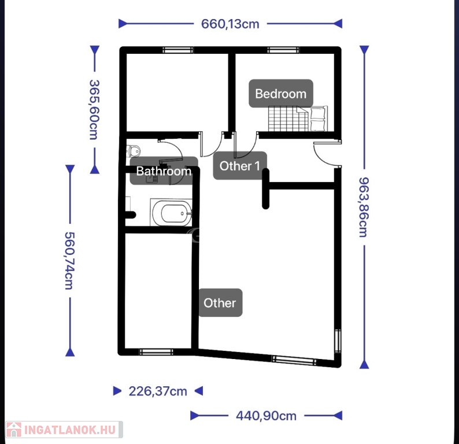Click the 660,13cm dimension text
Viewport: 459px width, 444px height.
click(x=230, y=24)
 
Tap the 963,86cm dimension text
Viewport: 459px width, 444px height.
click(x=364, y=207)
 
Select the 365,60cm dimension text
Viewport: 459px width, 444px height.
click(x=94, y=109)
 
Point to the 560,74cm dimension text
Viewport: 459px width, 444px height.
click(x=70, y=261)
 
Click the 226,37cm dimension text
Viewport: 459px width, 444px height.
click(x=158, y=391)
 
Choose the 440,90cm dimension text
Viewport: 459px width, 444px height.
click(x=266, y=416)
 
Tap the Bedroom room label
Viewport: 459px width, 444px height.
click(x=281, y=94)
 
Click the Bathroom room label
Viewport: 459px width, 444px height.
click(x=164, y=171)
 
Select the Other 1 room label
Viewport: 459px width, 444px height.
click(x=240, y=166)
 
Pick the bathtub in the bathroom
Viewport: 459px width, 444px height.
click(x=171, y=213)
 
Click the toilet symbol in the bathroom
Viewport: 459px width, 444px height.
click(x=134, y=151)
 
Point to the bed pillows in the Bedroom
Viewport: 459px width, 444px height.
click(x=317, y=119)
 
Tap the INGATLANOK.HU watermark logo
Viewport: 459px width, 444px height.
click(x=64, y=430)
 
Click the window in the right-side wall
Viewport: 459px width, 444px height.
click(x=338, y=341)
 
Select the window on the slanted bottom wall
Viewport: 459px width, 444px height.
click(x=294, y=360)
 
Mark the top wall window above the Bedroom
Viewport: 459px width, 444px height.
click(x=283, y=50)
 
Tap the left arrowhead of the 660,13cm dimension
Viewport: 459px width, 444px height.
click(x=123, y=24)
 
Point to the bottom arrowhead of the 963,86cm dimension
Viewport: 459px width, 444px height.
click(x=364, y=364)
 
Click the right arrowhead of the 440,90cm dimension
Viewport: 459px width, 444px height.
click(x=338, y=416)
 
